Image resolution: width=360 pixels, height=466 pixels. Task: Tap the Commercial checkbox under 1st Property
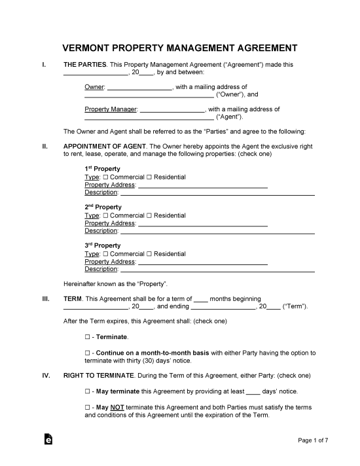106,177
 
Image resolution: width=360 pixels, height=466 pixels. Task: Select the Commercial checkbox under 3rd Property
106,254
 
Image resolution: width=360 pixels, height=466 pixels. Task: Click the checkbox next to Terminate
88,337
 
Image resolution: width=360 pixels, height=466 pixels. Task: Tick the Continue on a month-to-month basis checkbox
88,353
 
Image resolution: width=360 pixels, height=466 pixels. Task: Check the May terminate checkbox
88,391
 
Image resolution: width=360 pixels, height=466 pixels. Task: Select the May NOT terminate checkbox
88,407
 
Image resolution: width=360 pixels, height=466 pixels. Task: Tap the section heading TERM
73,298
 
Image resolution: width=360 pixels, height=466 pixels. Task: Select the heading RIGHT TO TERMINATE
99,376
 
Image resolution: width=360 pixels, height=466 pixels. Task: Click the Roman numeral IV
46,376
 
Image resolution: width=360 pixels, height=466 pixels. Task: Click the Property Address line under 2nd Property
203,224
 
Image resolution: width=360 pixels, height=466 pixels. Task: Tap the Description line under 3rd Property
218,270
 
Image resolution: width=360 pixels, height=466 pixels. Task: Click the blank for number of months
201,299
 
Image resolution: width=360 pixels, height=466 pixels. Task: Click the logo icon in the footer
48,440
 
